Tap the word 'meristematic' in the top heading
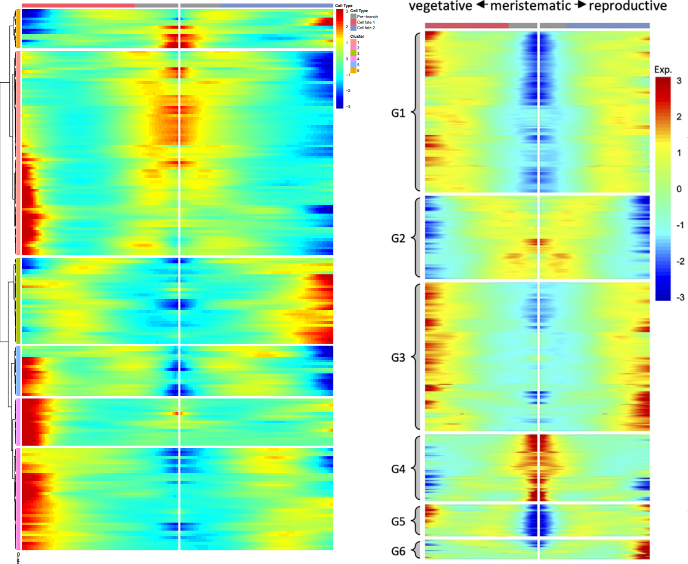coord(530,6)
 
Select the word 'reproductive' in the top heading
coord(628,6)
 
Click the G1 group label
coord(398,113)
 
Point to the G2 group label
coord(398,238)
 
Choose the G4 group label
coord(398,469)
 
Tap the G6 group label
coord(398,551)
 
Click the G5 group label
coord(398,521)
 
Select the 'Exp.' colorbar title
coord(663,70)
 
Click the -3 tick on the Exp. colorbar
coord(679,297)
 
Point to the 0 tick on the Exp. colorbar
coord(679,189)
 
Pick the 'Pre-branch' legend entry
coord(367,17)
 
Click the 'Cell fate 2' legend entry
coord(366,28)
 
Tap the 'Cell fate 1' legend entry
coord(366,22)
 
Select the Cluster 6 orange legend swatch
coord(353,70)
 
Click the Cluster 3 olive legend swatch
coord(353,54)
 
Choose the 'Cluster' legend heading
coord(357,37)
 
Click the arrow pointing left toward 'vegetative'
coord(482,5)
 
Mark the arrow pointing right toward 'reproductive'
coord(580,5)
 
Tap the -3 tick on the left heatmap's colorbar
coord(348,107)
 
